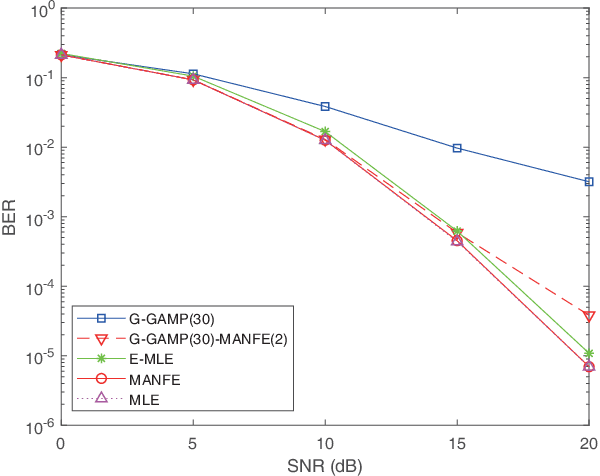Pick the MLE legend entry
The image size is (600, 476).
point(144,400)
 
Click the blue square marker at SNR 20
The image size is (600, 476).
point(589,182)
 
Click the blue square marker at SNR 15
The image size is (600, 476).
point(457,148)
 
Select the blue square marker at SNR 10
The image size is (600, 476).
point(325,106)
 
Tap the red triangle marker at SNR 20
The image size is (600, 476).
point(589,316)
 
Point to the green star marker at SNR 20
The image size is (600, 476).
point(589,353)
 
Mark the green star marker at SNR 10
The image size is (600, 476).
point(325,131)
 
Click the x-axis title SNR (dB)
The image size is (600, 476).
point(325,465)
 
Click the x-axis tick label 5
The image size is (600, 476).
point(193,443)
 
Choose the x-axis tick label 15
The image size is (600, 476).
point(457,443)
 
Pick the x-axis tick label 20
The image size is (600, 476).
point(588,443)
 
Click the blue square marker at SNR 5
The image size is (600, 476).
point(193,75)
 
